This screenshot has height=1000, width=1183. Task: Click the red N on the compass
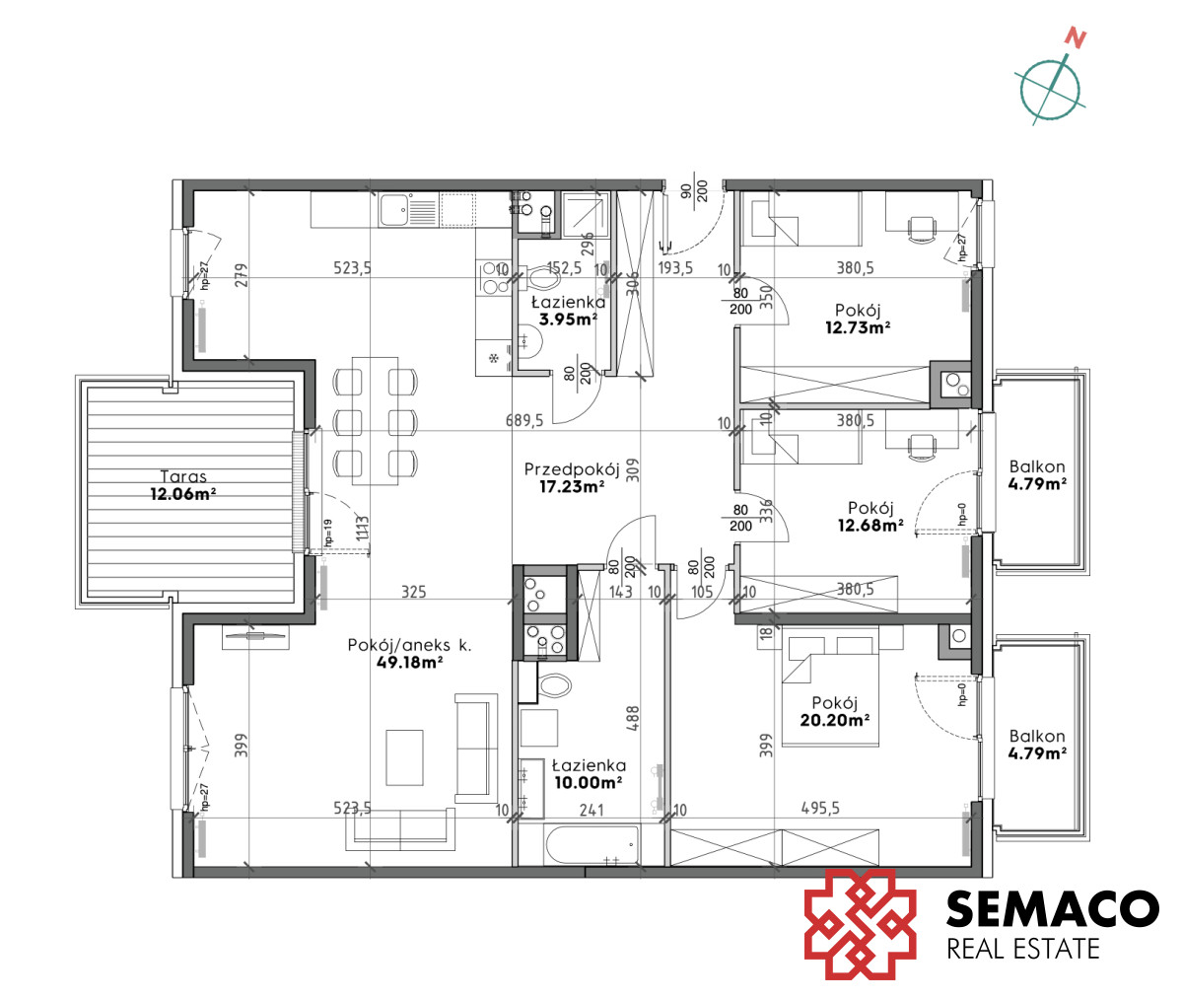pos(1075,37)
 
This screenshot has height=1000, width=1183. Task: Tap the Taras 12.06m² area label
pos(183,485)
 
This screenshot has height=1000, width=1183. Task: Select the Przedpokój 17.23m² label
pos(572,477)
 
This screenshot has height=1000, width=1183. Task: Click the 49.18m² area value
pos(409,662)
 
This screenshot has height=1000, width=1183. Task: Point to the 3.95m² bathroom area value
pos(568,320)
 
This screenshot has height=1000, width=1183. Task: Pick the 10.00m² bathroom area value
pos(589,783)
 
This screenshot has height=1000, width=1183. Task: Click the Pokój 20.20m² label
pos(835,711)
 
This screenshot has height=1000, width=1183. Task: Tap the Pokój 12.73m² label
pos(858,319)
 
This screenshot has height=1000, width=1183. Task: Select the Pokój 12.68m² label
pos(870,517)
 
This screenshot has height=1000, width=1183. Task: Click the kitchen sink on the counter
pos(409,210)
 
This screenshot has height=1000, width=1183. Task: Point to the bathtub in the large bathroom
pos(592,846)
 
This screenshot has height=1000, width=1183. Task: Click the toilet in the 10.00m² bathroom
pos(555,685)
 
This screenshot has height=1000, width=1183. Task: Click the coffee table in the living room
pos(404,757)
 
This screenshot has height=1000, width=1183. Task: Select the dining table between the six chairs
pos(375,421)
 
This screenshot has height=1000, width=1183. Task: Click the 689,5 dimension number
pos(524,420)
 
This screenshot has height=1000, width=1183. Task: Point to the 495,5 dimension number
pos(820,809)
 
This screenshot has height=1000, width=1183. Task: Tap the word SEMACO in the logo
pos(1052,908)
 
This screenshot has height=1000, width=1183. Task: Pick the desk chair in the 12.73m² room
pos(921,229)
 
